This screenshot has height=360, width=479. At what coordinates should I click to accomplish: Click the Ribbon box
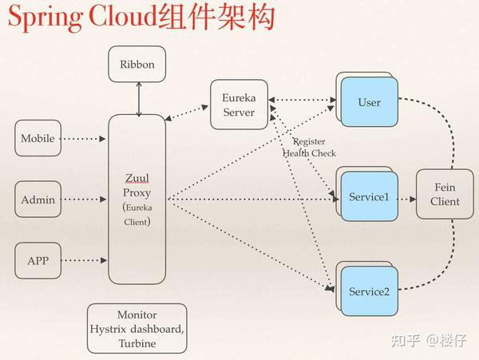(137, 64)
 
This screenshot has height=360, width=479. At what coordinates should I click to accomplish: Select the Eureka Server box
(238, 105)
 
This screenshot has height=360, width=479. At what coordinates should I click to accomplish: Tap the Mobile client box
(38, 139)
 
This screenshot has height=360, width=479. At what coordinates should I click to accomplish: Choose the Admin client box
(38, 200)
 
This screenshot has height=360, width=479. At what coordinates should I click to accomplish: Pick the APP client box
(38, 260)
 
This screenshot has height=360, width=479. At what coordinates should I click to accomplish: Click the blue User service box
(369, 103)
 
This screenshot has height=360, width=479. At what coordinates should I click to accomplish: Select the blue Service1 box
(368, 197)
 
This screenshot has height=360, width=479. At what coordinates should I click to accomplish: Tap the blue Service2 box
(368, 291)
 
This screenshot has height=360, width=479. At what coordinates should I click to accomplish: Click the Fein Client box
(445, 194)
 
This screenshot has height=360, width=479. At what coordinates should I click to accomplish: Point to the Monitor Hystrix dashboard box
(137, 329)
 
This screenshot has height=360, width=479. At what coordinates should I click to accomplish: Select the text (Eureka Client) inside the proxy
(137, 215)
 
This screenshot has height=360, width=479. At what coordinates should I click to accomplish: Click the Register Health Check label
(309, 147)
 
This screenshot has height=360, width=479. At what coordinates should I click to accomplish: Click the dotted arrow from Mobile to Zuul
(84, 139)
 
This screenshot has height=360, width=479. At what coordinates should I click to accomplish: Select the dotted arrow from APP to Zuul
(84, 260)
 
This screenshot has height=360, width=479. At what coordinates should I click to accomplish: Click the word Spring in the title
(38, 18)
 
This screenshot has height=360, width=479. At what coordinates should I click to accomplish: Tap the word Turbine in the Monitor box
(137, 343)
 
